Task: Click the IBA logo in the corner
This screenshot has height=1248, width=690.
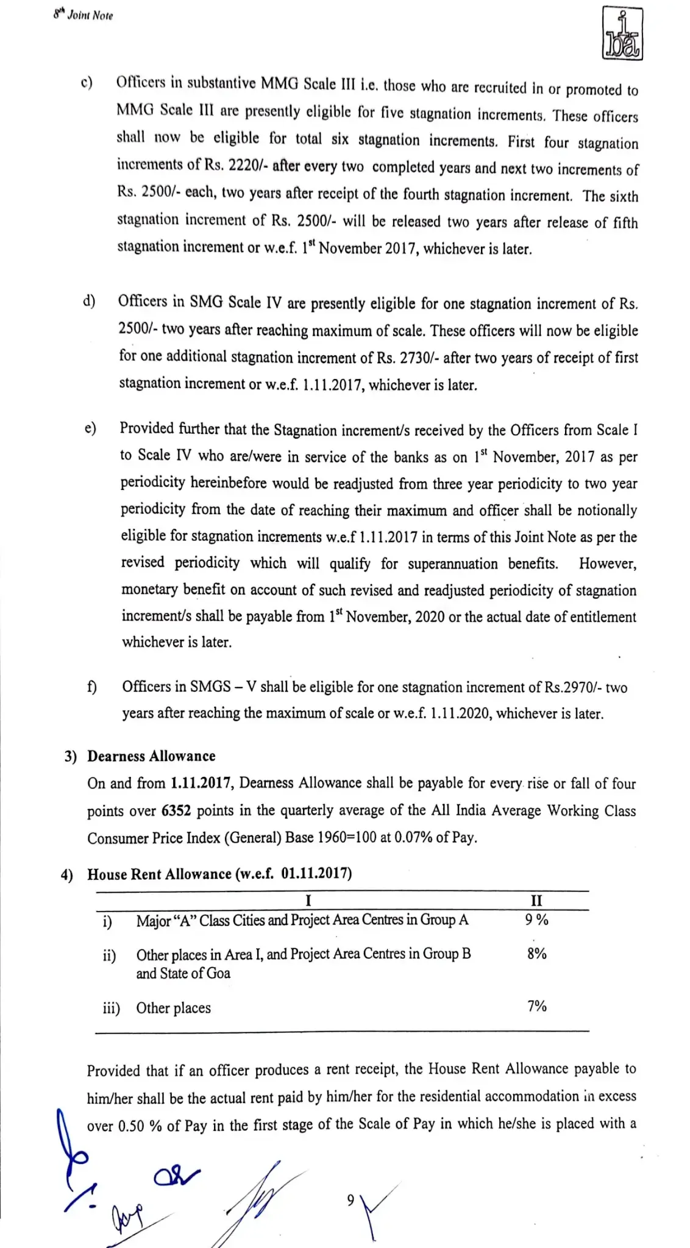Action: (x=622, y=33)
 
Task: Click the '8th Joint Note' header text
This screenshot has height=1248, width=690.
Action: (x=83, y=15)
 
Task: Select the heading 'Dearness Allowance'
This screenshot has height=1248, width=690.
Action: (x=151, y=756)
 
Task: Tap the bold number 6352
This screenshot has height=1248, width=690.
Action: (x=176, y=810)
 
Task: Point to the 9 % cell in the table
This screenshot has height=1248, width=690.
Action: (x=536, y=920)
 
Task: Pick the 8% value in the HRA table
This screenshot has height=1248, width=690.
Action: (x=536, y=954)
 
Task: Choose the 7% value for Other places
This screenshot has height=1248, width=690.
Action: (x=536, y=1006)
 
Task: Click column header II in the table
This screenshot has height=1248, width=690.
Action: (x=536, y=901)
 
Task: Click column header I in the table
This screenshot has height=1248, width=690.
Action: (x=308, y=901)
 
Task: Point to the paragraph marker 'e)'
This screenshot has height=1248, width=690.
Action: (x=90, y=428)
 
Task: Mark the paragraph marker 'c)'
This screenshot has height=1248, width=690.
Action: (x=87, y=82)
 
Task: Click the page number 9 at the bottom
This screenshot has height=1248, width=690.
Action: (x=350, y=1200)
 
